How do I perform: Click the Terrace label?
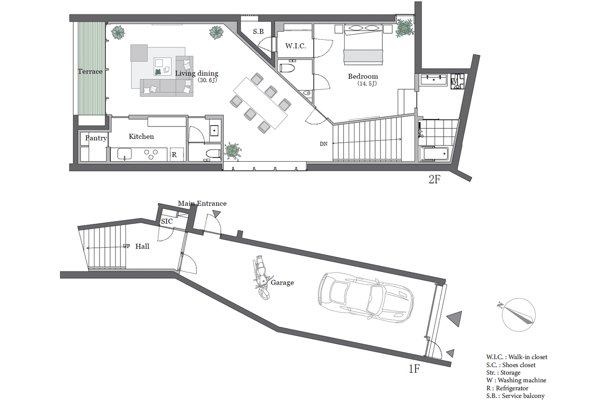[x=90, y=72]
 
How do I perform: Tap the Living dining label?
[x=197, y=73]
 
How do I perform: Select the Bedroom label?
[x=363, y=77]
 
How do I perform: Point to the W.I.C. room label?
[x=296, y=46]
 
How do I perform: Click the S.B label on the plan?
[x=258, y=32]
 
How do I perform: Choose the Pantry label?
[x=96, y=138]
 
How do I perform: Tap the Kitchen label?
[x=141, y=136]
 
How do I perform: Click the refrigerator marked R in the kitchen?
[x=177, y=154]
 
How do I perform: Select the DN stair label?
[x=323, y=144]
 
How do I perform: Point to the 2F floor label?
[x=435, y=179]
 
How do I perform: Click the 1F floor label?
[x=414, y=369]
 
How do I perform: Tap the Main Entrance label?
[x=202, y=203]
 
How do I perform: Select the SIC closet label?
[x=166, y=221]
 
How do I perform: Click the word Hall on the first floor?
[x=142, y=246]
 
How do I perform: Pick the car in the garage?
[x=366, y=298]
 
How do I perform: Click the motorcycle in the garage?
[x=261, y=277]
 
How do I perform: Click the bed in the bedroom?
[x=363, y=45]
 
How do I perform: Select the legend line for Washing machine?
[x=516, y=380]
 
